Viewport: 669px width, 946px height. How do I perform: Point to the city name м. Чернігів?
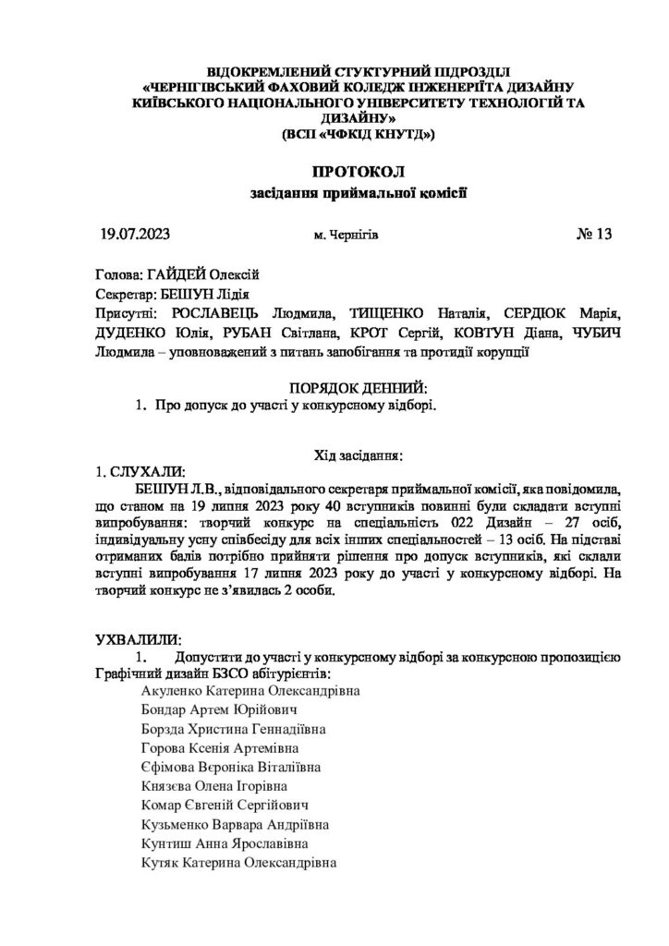tap(347, 236)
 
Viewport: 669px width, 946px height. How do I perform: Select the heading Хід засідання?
tap(359, 455)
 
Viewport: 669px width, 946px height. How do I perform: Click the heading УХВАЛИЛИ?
tap(139, 639)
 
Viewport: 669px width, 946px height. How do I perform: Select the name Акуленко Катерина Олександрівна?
tap(250, 690)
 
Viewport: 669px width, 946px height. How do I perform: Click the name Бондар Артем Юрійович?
tap(218, 709)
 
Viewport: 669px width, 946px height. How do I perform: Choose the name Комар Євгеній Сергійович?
tap(225, 806)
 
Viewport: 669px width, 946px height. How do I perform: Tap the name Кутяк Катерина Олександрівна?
tap(238, 864)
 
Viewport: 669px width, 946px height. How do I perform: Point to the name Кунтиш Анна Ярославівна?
tap(225, 844)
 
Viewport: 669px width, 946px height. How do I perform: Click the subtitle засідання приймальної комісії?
tap(359, 194)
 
